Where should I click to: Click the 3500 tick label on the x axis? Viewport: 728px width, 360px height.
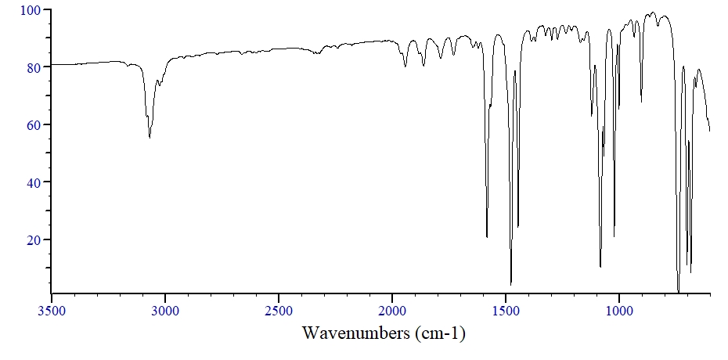click(52, 311)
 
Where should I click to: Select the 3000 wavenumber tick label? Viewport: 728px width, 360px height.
click(165, 311)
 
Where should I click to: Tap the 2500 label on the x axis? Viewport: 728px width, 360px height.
click(279, 311)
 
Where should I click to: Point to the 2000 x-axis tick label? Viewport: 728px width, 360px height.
click(392, 311)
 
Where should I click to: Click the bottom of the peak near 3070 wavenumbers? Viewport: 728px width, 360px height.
click(150, 138)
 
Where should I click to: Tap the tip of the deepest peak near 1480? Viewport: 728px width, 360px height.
click(510, 285)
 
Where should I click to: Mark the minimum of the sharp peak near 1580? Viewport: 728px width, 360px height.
click(487, 237)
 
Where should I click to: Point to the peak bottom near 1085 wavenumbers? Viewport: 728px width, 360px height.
click(600, 267)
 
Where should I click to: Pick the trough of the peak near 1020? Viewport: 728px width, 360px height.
click(614, 236)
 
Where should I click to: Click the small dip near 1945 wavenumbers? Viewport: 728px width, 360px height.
click(405, 67)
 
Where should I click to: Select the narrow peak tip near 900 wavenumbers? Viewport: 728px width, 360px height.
click(642, 102)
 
